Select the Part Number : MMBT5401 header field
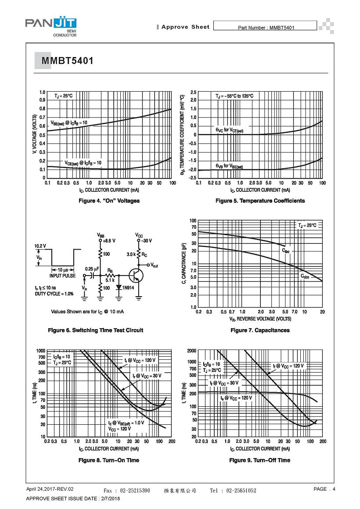(x=265, y=27)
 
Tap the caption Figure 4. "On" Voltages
(x=109, y=201)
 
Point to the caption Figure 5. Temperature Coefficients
(x=260, y=201)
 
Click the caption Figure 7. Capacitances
(x=260, y=330)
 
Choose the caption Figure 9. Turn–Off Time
(x=259, y=460)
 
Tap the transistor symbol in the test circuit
(x=136, y=276)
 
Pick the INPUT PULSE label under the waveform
(x=62, y=276)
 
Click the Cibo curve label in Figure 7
(x=285, y=251)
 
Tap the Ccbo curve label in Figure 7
(x=305, y=276)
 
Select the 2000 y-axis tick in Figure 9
(x=191, y=351)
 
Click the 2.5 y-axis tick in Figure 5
(x=194, y=93)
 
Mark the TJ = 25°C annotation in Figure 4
(x=63, y=96)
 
